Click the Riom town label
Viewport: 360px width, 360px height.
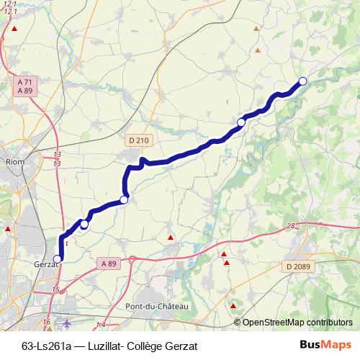click(x=14, y=162)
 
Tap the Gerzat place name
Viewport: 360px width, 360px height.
click(x=45, y=264)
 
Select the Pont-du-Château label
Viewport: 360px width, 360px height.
click(x=156, y=307)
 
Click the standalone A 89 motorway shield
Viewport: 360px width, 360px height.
click(x=109, y=264)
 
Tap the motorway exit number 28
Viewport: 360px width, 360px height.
click(x=290, y=227)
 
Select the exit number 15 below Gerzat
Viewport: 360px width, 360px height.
click(x=56, y=290)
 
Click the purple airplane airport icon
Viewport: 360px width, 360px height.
click(x=68, y=323)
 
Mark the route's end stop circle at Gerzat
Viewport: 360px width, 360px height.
click(x=58, y=258)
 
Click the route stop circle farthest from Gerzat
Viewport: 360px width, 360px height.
click(x=302, y=81)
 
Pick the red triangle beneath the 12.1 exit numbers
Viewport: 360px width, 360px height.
click(x=14, y=28)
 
